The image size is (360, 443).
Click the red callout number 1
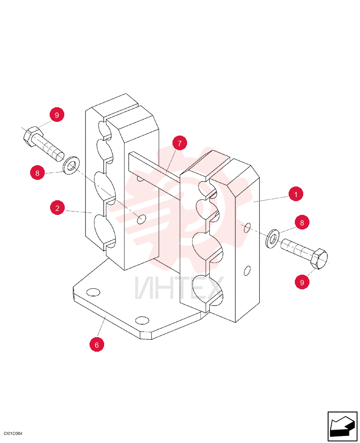pyautogui.click(x=296, y=194)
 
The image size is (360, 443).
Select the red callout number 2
pyautogui.click(x=57, y=208)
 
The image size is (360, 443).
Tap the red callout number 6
pyautogui.click(x=97, y=344)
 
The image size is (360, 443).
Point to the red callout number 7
pyautogui.click(x=180, y=143)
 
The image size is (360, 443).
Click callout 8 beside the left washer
pyautogui.click(x=37, y=172)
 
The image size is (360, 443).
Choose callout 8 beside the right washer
pyautogui.click(x=302, y=222)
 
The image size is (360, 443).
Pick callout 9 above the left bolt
pyautogui.click(x=57, y=115)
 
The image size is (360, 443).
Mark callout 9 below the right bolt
pyautogui.click(x=302, y=282)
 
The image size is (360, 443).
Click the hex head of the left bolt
pyautogui.click(x=33, y=136)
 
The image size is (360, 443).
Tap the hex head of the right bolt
pyautogui.click(x=319, y=259)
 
